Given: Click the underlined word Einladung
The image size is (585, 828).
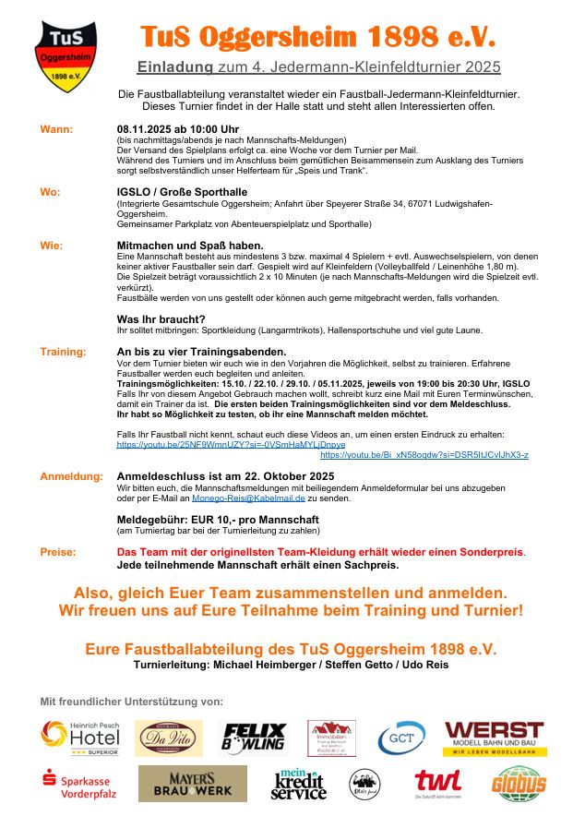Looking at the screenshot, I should click(175, 66).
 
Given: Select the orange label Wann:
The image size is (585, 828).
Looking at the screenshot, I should click(56, 128).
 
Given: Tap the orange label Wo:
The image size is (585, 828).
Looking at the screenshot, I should click(51, 192).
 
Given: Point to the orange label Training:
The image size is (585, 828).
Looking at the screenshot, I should click(63, 352).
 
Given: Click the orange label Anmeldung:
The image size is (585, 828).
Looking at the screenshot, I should click(70, 476).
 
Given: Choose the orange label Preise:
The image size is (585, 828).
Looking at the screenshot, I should click(57, 552).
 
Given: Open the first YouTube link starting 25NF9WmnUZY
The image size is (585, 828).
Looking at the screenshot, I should click(231, 444).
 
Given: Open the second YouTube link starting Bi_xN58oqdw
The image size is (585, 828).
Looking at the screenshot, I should click(424, 455).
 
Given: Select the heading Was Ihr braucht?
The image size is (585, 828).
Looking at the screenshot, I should click(161, 318).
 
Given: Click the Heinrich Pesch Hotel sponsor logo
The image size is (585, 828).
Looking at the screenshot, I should click(80, 738).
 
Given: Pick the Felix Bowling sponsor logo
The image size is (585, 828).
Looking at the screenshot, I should click(254, 738).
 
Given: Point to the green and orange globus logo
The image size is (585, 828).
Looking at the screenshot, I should click(518, 784).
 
